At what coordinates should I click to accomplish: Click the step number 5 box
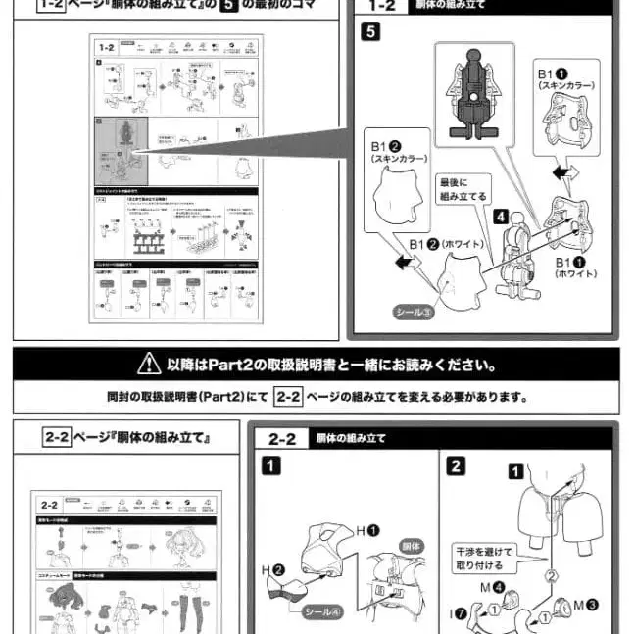coord(369,30)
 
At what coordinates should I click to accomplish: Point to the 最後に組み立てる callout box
coord(463,188)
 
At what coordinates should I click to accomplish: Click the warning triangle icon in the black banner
coord(148,365)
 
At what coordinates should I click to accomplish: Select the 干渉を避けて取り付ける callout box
coord(479,559)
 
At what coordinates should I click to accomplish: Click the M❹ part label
coord(494,588)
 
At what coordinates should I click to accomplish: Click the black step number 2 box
coord(456,465)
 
